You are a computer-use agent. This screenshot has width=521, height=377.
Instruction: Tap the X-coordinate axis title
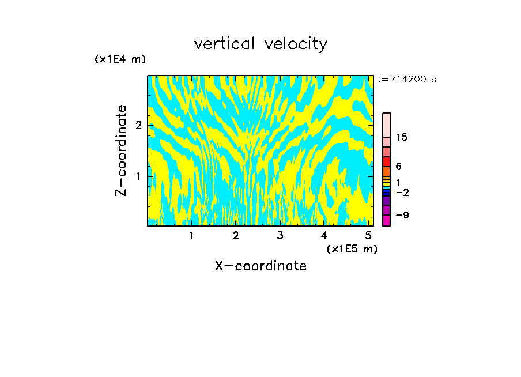coord(260,266)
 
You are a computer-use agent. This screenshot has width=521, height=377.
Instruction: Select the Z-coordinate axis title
coord(122,150)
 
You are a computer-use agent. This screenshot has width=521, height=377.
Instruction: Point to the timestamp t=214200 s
coord(407,80)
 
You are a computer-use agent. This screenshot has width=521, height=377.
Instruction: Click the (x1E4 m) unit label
coord(120,59)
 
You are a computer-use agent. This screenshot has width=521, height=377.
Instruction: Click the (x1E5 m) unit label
coord(352,249)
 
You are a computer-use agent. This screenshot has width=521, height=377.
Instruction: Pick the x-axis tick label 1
coord(192,235)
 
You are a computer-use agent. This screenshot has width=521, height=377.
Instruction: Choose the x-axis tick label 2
coord(236,235)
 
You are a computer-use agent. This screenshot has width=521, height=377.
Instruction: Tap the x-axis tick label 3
coord(280,235)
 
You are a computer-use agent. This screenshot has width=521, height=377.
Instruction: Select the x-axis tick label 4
coord(324,235)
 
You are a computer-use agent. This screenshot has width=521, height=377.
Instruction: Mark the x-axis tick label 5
coord(368,235)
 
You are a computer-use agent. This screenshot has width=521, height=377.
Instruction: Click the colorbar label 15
coord(402,137)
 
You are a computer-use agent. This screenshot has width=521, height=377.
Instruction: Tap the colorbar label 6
coord(398,167)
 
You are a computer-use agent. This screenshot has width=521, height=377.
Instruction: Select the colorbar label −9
coord(402,215)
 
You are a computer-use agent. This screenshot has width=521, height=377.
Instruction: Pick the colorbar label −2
coord(402,192)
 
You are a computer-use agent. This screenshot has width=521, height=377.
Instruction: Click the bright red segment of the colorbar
coord(386,161)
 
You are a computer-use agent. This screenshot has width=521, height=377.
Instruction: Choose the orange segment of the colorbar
coord(386,172)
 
